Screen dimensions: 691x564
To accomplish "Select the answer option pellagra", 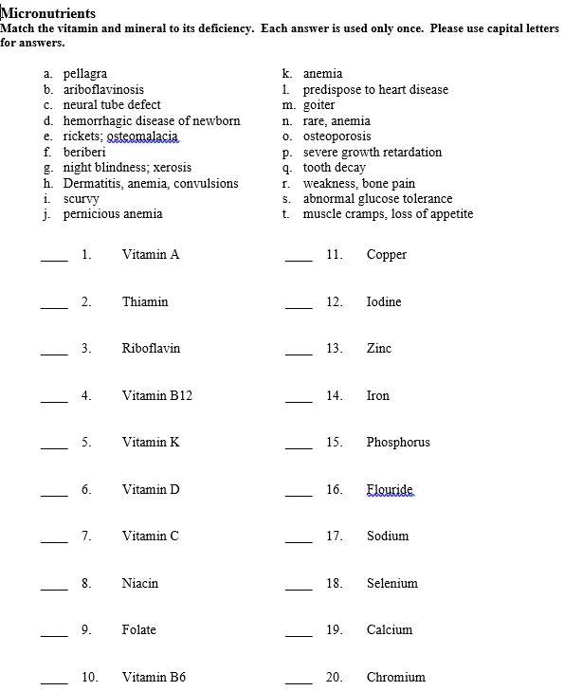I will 84,74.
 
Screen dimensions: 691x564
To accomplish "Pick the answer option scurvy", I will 81,199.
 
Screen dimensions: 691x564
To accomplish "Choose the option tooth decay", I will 334,168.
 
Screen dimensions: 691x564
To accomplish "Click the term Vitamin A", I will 151,255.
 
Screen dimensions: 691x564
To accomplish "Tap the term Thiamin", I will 145,302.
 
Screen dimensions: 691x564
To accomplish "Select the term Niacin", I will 140,584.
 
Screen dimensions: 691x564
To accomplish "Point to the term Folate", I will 139,630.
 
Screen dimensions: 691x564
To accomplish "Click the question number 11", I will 334,255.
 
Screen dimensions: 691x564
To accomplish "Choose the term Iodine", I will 384,302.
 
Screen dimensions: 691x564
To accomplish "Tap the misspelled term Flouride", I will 390,490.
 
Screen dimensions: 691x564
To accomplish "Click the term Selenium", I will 391,584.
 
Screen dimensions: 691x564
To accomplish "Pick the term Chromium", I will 395,678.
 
